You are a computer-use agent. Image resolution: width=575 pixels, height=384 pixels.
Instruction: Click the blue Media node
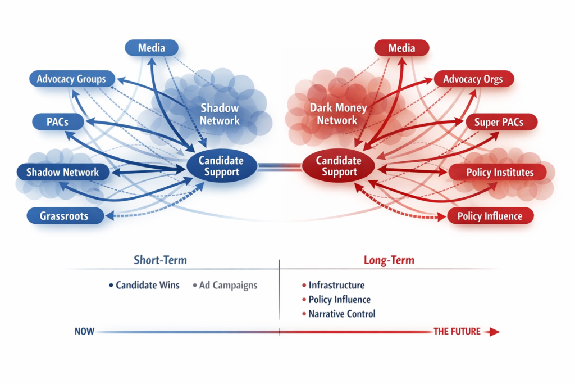(x=151, y=48)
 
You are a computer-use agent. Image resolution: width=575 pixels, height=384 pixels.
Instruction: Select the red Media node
(x=401, y=48)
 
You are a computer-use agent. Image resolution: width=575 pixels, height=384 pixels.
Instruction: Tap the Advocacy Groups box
(x=71, y=79)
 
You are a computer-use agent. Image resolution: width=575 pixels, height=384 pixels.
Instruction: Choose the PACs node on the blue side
(x=58, y=121)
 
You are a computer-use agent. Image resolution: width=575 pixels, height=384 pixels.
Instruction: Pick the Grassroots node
(x=64, y=215)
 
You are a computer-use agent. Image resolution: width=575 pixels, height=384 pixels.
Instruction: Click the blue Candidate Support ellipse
(x=221, y=166)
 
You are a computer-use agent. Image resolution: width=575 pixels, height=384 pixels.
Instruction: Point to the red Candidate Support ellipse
(x=339, y=166)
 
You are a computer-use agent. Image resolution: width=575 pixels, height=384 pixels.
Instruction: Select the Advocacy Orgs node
(x=473, y=79)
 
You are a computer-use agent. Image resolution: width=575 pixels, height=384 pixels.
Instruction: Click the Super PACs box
(x=498, y=122)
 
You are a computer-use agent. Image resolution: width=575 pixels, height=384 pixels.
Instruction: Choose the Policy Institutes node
(x=500, y=172)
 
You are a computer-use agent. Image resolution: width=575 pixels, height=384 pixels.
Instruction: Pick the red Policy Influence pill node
(x=490, y=216)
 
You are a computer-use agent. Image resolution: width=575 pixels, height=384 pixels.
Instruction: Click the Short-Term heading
(x=160, y=260)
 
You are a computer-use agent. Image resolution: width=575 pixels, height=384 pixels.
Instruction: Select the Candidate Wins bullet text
(x=148, y=285)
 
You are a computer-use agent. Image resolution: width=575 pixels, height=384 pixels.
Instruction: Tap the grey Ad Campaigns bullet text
(x=228, y=285)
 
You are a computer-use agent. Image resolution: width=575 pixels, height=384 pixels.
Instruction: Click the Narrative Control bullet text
(x=341, y=314)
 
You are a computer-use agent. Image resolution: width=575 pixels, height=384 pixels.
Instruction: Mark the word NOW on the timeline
(x=84, y=332)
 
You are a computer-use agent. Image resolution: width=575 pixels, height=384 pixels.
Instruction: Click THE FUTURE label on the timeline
(x=457, y=332)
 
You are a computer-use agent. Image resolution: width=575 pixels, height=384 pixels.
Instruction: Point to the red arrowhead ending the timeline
(x=494, y=332)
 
